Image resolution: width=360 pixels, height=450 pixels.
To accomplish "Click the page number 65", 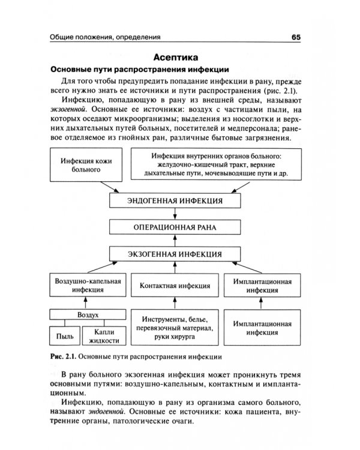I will click(x=295, y=37).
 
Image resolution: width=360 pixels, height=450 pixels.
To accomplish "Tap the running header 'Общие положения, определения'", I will click(x=105, y=37).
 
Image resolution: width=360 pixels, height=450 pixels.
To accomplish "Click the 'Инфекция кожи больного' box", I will click(x=88, y=165).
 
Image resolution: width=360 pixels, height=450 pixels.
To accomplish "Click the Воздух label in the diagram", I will click(x=88, y=314).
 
